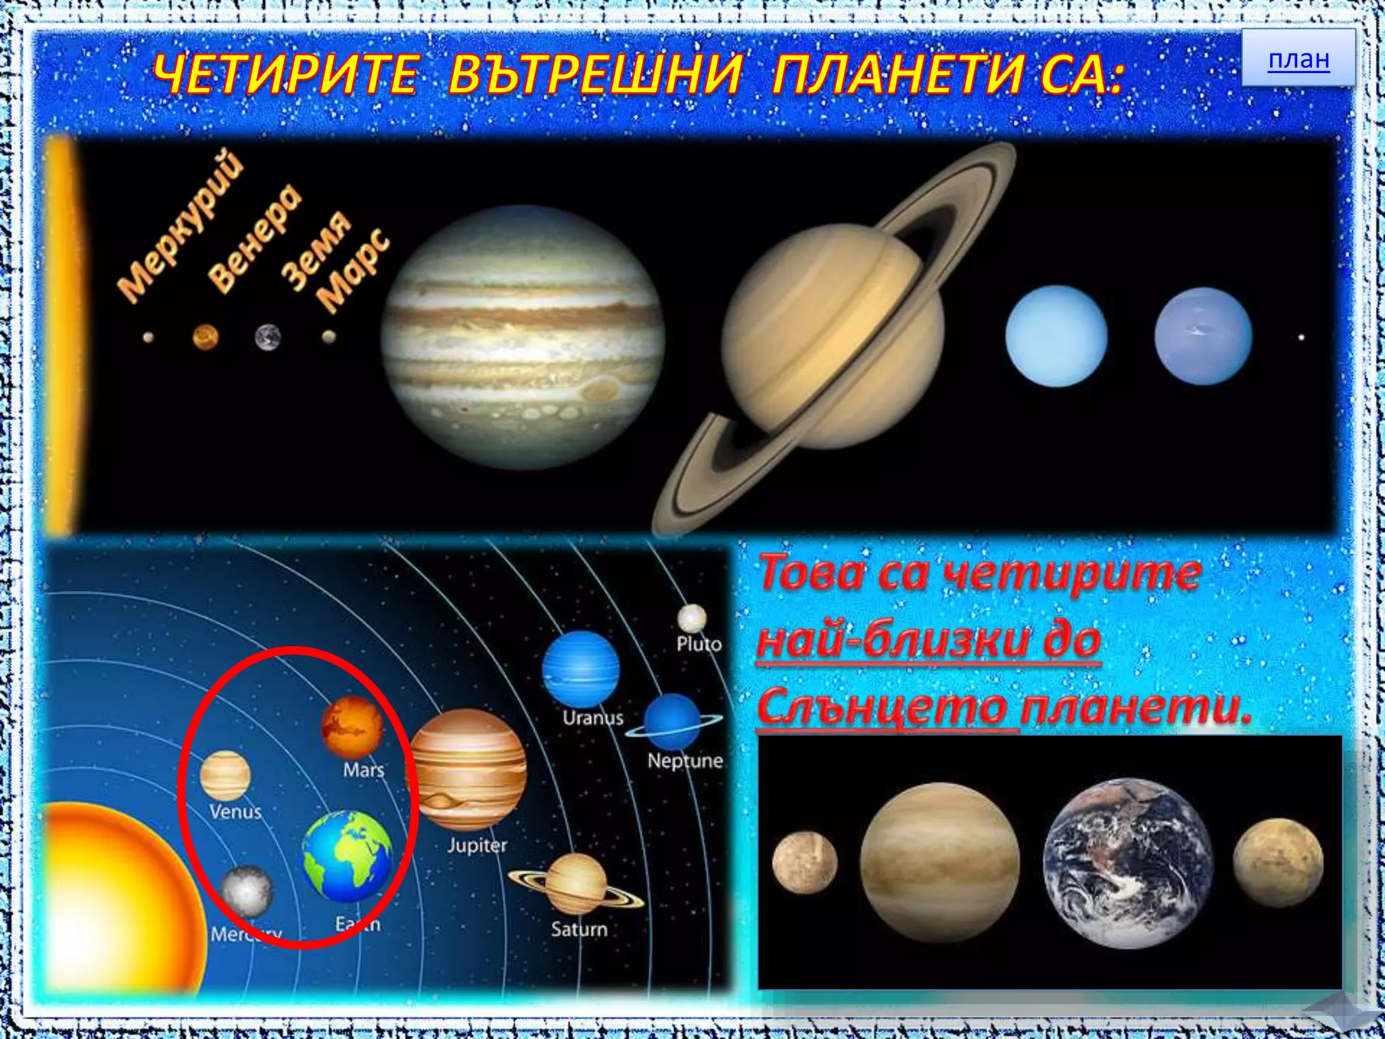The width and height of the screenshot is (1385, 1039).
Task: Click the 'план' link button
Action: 1298,60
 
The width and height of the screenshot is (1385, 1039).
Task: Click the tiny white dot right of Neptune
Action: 1300,337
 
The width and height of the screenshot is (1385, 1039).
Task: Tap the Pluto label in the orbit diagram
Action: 699,643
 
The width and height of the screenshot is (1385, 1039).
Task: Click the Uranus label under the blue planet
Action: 592,717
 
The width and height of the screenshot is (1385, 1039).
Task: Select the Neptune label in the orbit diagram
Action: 684,761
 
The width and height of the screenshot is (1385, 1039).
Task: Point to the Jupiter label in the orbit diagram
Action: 477,845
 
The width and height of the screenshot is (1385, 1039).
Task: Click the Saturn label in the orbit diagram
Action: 579,929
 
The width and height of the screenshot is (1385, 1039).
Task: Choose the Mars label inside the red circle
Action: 363,770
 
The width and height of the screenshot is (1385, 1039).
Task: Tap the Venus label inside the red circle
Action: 235,811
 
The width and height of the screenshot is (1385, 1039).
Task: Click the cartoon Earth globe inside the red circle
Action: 347,856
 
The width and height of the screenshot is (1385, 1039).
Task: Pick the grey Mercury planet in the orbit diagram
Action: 247,891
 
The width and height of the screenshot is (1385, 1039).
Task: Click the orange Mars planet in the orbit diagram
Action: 352,726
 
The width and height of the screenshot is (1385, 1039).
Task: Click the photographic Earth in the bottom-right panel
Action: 1127,863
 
